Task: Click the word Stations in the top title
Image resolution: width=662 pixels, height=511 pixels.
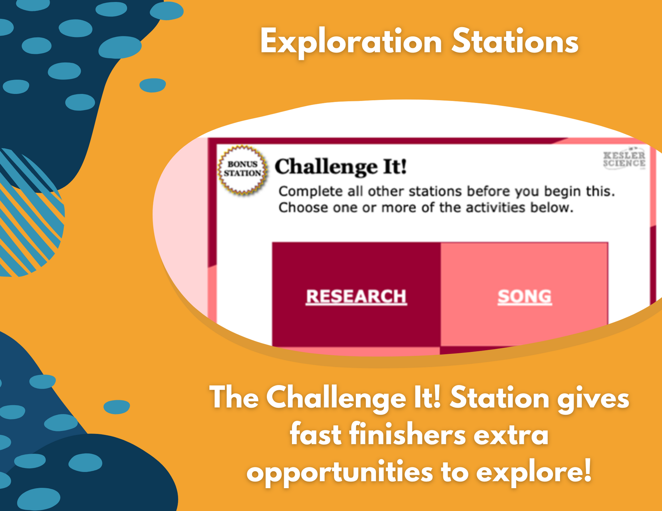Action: coord(515,41)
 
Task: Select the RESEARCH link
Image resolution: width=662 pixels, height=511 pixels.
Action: coord(356,296)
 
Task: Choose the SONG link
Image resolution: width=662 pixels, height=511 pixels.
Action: coord(525,296)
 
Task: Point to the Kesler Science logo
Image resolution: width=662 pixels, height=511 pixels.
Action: coord(624,159)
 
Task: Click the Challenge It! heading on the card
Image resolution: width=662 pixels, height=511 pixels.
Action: coord(341,167)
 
